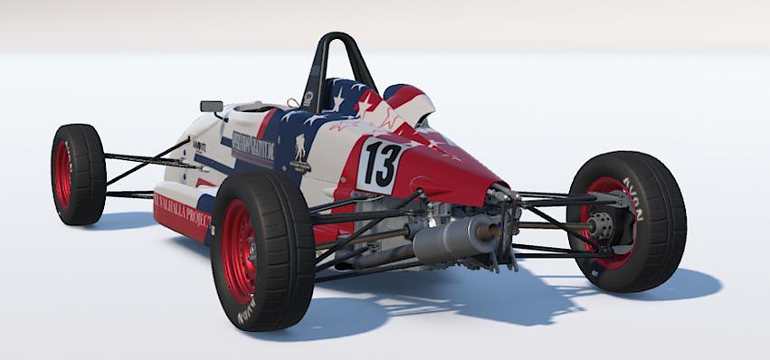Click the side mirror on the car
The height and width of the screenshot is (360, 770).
[x=212, y=106]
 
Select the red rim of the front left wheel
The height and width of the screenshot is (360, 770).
[x=63, y=173]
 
